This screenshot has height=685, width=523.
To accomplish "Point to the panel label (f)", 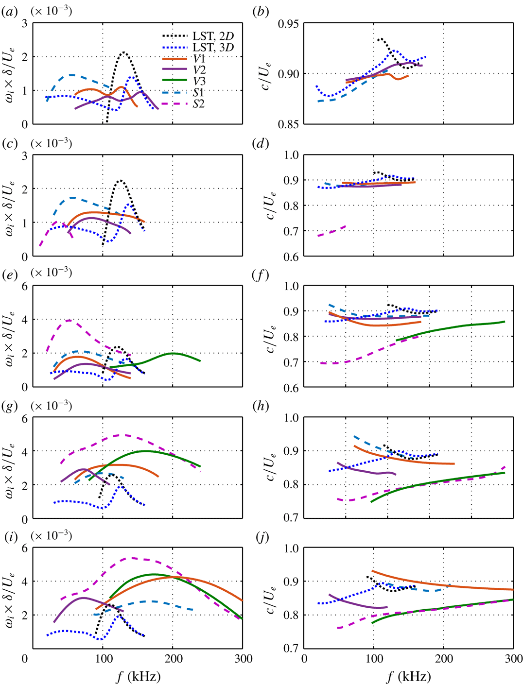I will point(261,275).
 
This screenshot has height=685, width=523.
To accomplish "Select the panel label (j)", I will point(261,537).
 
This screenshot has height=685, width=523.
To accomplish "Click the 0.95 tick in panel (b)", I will point(289,24).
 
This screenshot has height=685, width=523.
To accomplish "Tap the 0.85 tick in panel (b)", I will point(289,124).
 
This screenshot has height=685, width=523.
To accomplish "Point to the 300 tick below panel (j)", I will point(513,659).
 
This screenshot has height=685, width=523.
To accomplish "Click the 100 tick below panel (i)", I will point(103,659).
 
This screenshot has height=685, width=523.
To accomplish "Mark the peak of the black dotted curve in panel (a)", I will point(124,52).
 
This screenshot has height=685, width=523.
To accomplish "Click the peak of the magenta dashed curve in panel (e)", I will point(70,320).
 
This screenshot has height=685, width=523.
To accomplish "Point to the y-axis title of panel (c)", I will point(9,206).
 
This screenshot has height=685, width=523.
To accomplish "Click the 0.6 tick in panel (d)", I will point(291,257).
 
